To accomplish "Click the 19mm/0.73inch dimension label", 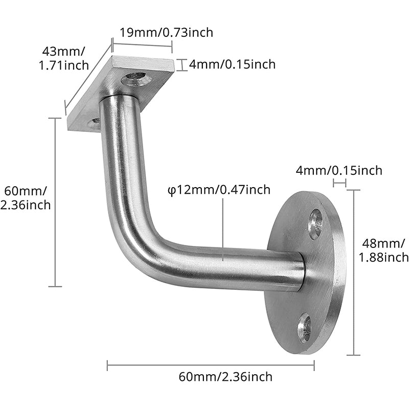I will tap(166, 32).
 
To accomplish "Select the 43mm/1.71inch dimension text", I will tap(65, 58).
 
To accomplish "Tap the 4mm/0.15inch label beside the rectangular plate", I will tap(232, 64).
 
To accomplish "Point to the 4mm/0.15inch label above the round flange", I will tap(339, 170).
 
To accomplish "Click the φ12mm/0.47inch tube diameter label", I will tap(219, 190).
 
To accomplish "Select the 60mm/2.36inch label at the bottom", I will tap(225, 377).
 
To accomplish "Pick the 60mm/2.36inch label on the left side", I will tap(27, 198).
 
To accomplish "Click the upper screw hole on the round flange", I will tap(315, 224).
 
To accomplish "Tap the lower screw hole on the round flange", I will tap(305, 328).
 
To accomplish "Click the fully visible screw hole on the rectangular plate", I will tap(137, 79).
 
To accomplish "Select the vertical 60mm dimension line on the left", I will tap(55, 202).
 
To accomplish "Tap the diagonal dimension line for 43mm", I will tap(88, 79).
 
